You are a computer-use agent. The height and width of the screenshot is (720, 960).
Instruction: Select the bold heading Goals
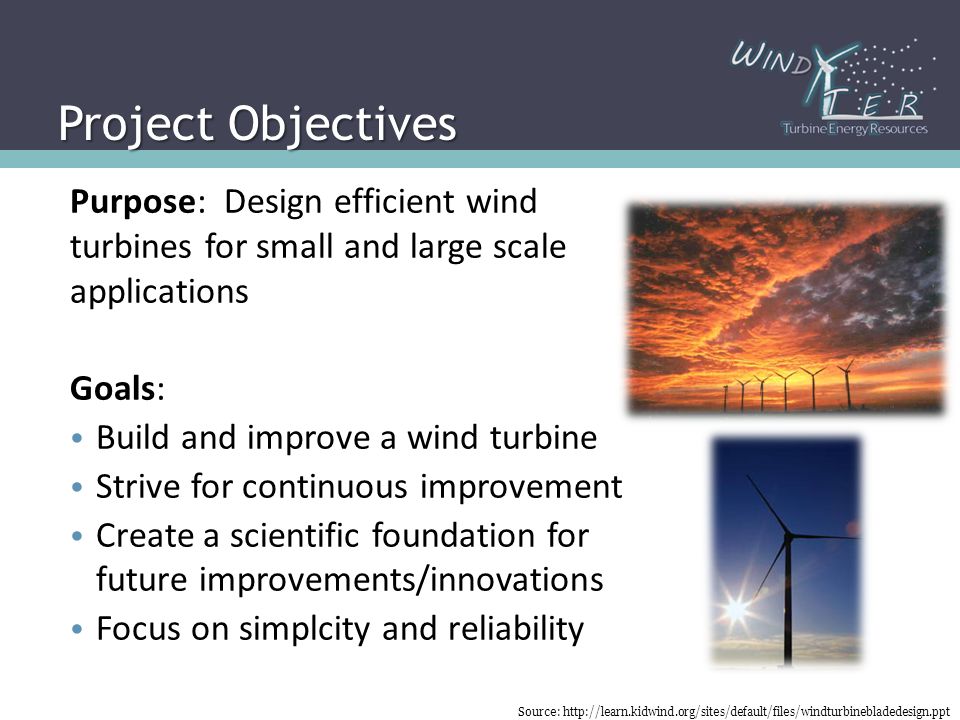pyautogui.click(x=113, y=388)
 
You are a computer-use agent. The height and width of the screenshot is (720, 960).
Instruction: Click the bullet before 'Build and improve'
pyautogui.click(x=77, y=438)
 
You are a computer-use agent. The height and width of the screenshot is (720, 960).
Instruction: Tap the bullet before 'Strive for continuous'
pyautogui.click(x=77, y=487)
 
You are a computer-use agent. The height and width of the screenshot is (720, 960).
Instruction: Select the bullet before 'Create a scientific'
pyautogui.click(x=77, y=536)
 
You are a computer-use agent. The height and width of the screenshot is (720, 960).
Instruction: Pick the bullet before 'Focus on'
pyautogui.click(x=77, y=629)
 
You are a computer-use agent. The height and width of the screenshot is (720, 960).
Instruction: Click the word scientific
pyautogui.click(x=296, y=535)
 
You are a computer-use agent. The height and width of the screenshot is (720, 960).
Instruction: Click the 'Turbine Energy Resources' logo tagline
pyautogui.click(x=855, y=129)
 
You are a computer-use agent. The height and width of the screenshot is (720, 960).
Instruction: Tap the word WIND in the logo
pyautogui.click(x=772, y=58)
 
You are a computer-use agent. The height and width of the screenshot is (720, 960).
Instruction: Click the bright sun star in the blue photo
pyautogui.click(x=737, y=609)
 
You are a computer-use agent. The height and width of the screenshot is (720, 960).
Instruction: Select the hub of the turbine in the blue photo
pyautogui.click(x=789, y=536)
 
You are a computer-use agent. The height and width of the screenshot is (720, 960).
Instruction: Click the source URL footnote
pyautogui.click(x=733, y=711)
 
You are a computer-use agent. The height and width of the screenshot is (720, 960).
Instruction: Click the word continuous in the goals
pyautogui.click(x=324, y=487)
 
